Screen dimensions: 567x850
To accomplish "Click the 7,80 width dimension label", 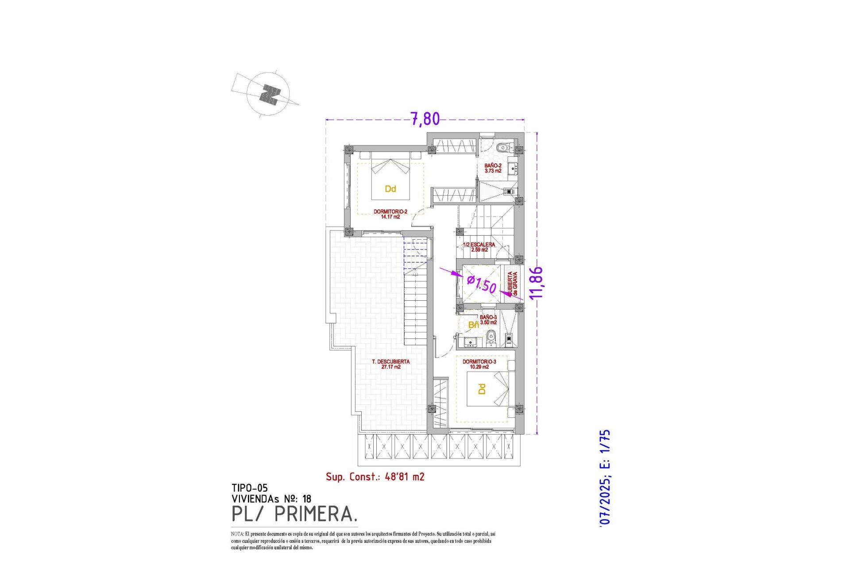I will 425,119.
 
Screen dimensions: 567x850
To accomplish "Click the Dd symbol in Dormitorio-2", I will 390,189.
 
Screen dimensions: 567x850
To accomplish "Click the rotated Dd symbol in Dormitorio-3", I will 482,389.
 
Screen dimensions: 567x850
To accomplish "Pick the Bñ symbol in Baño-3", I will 473,325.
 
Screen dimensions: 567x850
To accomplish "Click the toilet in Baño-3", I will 491,339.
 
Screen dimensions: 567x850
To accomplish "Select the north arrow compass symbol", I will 268,94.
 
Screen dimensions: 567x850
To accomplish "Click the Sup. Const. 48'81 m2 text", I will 375,477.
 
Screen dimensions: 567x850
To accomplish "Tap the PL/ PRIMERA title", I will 294,514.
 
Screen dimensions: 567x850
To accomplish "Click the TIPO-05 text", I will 250,488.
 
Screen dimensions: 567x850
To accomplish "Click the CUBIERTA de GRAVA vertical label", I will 512,284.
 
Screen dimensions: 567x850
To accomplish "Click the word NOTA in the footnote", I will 237,534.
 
